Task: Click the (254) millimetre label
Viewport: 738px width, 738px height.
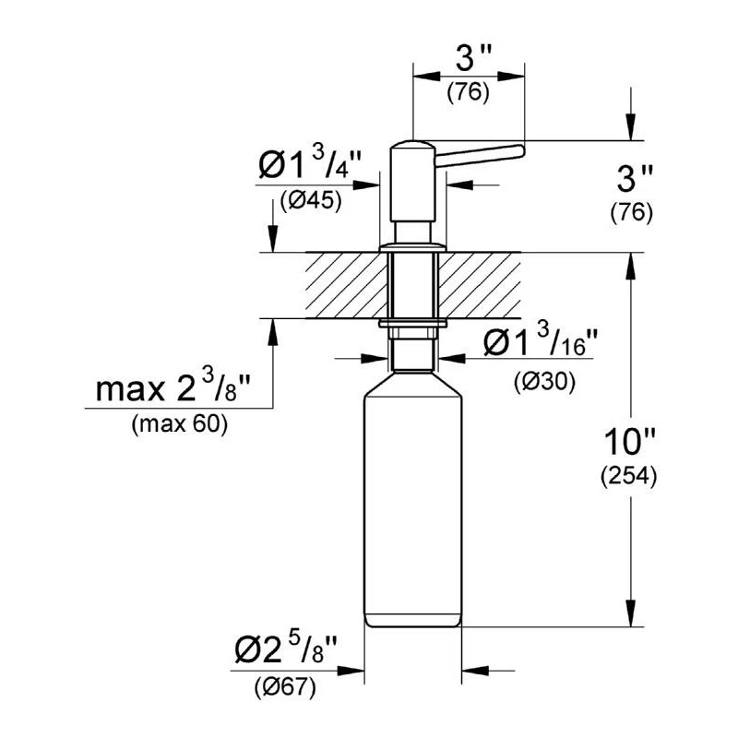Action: [628, 476]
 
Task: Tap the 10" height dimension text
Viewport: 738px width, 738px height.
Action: [629, 443]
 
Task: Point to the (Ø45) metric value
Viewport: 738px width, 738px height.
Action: [311, 201]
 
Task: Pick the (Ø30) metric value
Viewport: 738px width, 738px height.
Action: [544, 381]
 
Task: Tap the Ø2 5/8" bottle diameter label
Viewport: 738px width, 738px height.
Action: [286, 648]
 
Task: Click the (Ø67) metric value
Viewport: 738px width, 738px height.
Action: [285, 688]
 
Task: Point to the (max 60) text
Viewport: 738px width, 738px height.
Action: [180, 424]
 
